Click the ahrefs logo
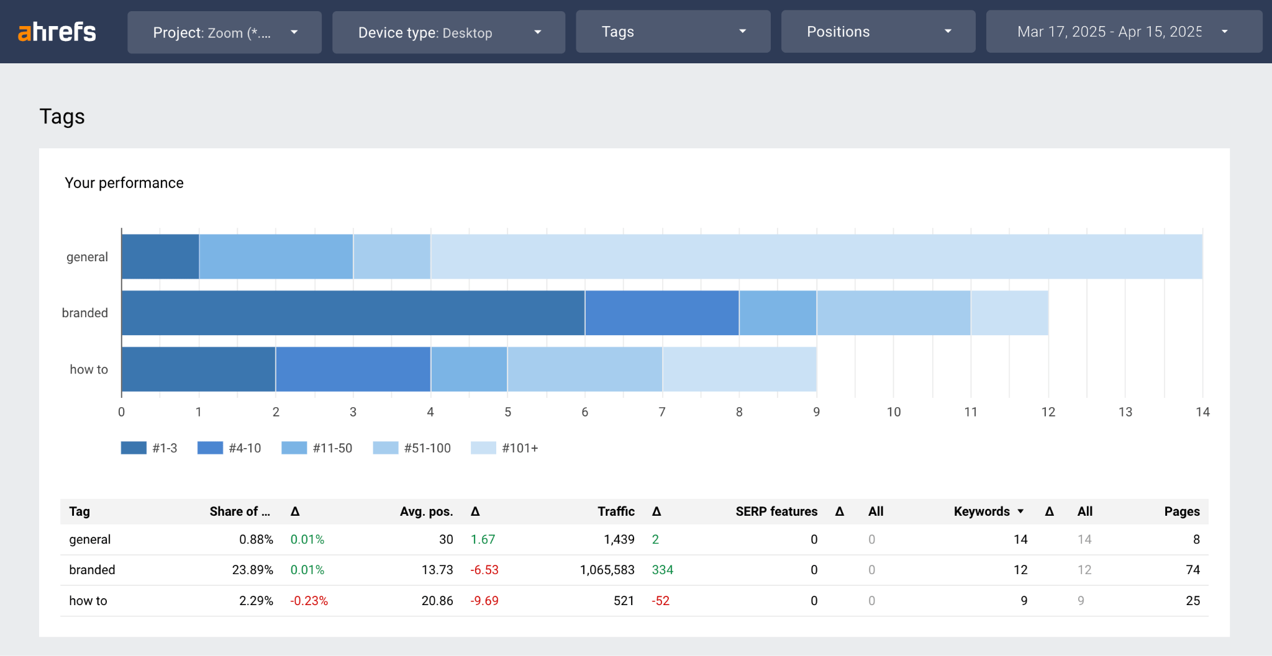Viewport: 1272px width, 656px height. [x=57, y=32]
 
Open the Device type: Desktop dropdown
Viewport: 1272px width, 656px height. [x=448, y=32]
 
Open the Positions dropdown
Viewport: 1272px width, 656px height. [x=878, y=32]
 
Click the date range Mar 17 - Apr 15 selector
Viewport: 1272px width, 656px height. [x=1123, y=32]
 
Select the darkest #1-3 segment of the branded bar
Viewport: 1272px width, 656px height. [x=353, y=313]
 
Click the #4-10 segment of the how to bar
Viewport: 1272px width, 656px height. [x=353, y=369]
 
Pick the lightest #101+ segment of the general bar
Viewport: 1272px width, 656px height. [x=816, y=256]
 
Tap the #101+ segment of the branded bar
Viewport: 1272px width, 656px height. [x=1009, y=313]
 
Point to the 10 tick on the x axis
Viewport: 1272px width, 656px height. [x=893, y=412]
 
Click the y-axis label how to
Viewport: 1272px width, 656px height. [x=89, y=369]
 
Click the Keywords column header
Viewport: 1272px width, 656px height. [x=982, y=511]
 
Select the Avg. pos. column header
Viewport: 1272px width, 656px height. [x=426, y=511]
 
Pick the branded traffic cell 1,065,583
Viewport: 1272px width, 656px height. [x=607, y=570]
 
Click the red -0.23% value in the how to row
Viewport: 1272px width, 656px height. [x=309, y=601]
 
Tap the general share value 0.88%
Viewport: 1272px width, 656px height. [x=256, y=539]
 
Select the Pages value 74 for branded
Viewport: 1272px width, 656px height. [x=1192, y=570]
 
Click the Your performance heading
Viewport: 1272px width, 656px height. [x=124, y=183]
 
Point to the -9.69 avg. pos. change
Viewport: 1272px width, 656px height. [x=484, y=601]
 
